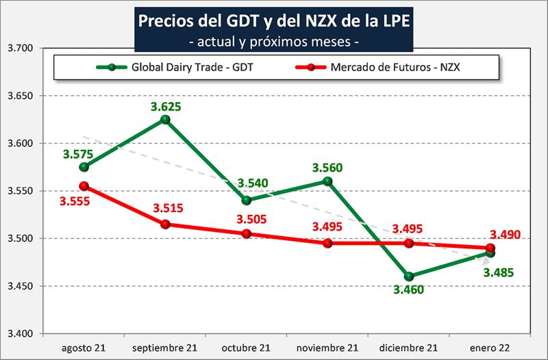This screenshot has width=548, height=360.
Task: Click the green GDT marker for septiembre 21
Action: click(x=165, y=120)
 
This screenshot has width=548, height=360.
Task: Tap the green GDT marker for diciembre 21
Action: click(x=409, y=277)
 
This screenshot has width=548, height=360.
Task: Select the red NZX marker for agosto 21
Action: click(x=84, y=185)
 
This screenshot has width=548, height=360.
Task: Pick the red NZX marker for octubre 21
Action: click(x=247, y=233)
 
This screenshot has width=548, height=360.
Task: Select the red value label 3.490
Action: click(x=506, y=235)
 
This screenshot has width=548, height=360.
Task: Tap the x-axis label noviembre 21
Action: click(x=327, y=347)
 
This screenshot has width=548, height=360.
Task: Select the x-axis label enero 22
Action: click(x=490, y=347)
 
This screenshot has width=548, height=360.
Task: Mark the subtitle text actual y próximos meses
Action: click(x=274, y=41)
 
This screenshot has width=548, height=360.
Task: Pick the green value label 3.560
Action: click(x=327, y=167)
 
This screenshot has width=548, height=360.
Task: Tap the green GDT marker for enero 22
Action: click(x=490, y=253)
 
